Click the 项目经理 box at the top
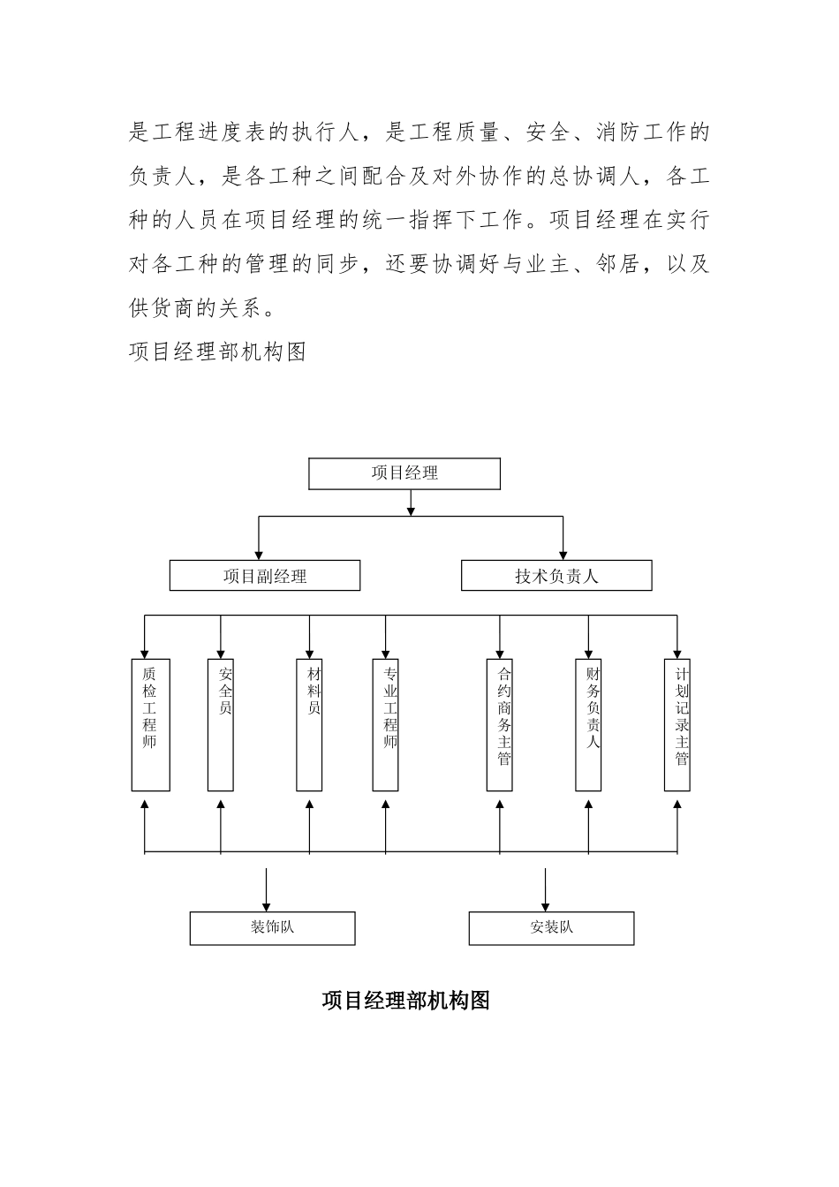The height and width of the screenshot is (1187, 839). (404, 473)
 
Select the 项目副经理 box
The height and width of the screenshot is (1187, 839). (265, 576)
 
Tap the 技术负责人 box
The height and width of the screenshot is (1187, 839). (556, 576)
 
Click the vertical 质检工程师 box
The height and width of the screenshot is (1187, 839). (150, 724)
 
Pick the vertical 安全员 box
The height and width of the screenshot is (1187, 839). (221, 724)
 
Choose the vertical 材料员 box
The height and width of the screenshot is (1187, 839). (309, 724)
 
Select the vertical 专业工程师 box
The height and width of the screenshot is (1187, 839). (386, 724)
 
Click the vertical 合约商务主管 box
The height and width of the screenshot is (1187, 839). (500, 724)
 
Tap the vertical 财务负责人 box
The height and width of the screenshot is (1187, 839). (589, 724)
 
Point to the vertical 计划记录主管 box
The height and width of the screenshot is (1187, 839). (677, 724)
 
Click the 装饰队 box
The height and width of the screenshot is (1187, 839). (272, 928)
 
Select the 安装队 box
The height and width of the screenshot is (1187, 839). (551, 928)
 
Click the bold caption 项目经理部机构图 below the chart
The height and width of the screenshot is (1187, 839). (405, 1001)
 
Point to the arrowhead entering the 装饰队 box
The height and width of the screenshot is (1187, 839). (266, 906)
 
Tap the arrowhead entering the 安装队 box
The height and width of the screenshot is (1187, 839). (545, 906)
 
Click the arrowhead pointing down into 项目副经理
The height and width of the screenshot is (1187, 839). (258, 555)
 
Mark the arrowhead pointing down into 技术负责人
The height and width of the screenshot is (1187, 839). (563, 555)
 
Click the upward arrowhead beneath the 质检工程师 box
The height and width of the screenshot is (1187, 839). (145, 804)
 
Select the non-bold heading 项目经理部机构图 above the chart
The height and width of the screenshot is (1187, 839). (217, 352)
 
